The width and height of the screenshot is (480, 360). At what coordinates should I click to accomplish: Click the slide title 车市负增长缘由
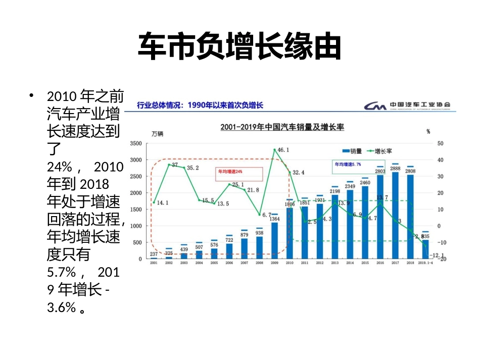click(240, 47)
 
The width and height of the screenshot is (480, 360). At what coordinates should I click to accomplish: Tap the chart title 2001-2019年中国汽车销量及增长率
click(282, 128)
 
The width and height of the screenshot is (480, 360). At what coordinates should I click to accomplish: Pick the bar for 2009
click(274, 240)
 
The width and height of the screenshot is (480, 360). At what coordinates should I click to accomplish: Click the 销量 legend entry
click(352, 150)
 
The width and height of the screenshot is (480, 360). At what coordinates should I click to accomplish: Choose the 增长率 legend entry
click(381, 150)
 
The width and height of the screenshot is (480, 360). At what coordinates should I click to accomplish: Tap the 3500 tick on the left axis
click(137, 143)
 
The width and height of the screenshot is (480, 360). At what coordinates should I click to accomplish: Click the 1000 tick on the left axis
click(137, 226)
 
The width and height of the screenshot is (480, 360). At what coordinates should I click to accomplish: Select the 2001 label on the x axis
click(153, 263)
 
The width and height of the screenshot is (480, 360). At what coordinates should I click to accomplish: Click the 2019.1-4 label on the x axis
click(425, 263)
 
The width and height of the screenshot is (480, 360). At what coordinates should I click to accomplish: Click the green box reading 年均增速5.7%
click(347, 165)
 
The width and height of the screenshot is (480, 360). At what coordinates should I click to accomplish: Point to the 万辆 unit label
click(157, 134)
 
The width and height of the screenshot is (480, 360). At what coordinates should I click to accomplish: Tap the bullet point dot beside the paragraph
click(32, 95)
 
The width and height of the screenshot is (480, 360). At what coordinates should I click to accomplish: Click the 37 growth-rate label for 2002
click(175, 165)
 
